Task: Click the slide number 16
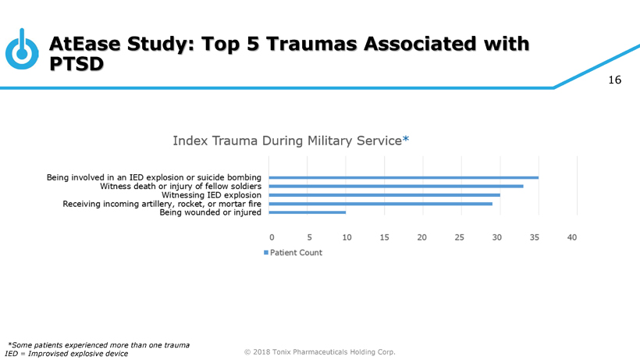tap(614, 80)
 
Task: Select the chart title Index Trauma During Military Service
tap(286, 141)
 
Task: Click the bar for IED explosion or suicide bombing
tap(403, 178)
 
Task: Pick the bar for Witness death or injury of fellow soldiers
tap(396, 186)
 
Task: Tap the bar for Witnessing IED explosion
tap(384, 194)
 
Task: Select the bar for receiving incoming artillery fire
tap(380, 203)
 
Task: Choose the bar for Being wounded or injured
tap(307, 212)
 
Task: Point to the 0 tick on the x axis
tap(272, 237)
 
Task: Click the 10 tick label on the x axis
tap(347, 237)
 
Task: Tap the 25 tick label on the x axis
tap(459, 237)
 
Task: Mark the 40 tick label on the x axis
tap(572, 237)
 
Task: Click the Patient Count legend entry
tap(293, 252)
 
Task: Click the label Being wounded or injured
tap(210, 212)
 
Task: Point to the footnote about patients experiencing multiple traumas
tap(99, 344)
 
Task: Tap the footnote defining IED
tap(66, 353)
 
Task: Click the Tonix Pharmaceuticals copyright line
tap(320, 351)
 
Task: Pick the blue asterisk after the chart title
tap(405, 140)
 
